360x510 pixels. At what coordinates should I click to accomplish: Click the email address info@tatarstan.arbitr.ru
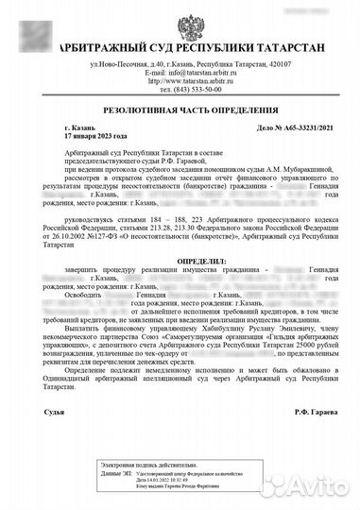pyautogui.click(x=203, y=72)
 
